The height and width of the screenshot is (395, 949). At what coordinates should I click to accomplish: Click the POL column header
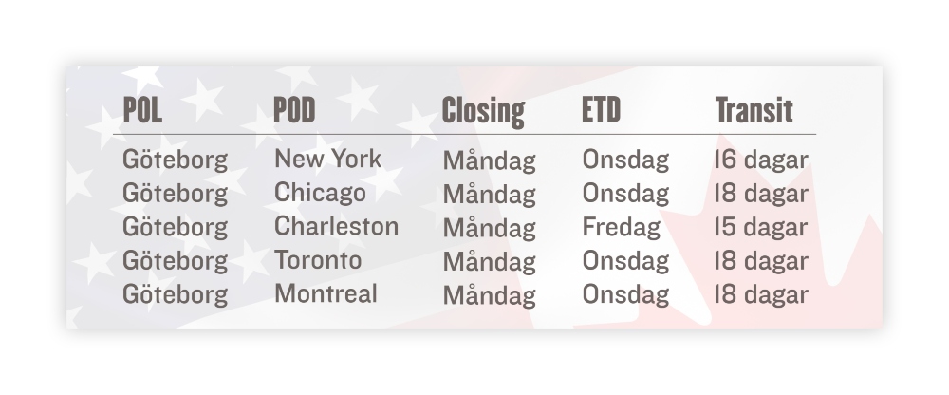tap(142, 109)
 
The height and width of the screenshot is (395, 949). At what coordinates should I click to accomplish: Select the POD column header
tap(294, 109)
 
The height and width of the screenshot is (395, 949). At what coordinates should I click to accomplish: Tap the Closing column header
tap(483, 111)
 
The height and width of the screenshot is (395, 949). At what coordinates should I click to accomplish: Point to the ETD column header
tap(601, 109)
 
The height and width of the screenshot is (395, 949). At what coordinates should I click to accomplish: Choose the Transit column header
tap(754, 110)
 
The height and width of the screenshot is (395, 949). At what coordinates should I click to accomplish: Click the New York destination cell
tap(328, 159)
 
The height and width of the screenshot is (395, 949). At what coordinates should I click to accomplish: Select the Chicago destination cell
tap(320, 194)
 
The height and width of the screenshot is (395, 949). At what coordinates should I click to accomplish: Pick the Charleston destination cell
tap(337, 226)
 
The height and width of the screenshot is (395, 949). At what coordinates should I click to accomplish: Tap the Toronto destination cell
tap(318, 260)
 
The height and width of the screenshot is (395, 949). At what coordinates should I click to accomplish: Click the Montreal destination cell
tap(326, 293)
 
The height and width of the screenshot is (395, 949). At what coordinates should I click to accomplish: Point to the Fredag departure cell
tap(621, 228)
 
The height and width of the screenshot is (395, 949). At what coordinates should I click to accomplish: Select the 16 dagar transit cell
tap(761, 160)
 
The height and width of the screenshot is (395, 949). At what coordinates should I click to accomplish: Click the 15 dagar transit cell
tap(761, 228)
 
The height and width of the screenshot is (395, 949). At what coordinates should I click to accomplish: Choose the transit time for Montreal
tap(761, 295)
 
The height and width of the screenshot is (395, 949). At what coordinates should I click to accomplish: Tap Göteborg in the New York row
tap(176, 160)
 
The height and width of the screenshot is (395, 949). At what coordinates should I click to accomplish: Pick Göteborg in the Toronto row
tap(176, 261)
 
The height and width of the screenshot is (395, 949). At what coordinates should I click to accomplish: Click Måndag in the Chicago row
tap(490, 194)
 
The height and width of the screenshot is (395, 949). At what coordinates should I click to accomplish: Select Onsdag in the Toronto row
tap(625, 261)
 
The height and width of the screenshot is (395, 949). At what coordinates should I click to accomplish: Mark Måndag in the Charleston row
tap(490, 228)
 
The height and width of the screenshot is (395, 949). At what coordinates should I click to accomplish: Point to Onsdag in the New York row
tap(625, 160)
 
